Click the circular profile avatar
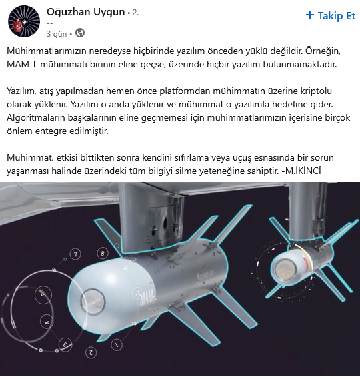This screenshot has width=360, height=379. (24, 21)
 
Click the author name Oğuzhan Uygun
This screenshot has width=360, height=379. (86, 12)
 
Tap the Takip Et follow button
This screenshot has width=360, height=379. (330, 16)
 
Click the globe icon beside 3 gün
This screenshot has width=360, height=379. (80, 33)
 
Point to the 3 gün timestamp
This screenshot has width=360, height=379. (57, 34)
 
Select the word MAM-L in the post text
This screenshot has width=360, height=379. (22, 65)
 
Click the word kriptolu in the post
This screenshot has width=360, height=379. (316, 91)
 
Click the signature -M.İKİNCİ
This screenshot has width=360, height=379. (301, 171)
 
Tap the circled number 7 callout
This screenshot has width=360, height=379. (75, 254)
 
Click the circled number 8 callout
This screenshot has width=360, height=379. (103, 254)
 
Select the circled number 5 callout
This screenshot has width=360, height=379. (43, 295)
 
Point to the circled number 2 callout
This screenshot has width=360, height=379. (91, 352)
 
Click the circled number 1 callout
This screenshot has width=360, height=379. (117, 344)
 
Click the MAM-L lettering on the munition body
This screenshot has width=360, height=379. (148, 299)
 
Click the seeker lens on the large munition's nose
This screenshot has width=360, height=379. (93, 302)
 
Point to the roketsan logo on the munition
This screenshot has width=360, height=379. (205, 274)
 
